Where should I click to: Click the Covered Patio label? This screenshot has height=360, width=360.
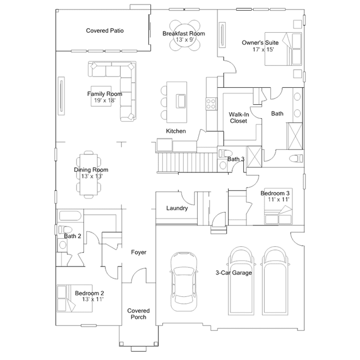[x=105, y=30]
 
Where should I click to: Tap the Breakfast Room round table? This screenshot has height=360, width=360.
[x=185, y=35]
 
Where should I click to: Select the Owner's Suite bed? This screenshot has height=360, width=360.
[x=283, y=49]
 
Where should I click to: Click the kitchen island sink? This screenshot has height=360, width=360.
[x=181, y=101]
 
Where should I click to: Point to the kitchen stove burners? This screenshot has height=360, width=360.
[x=211, y=104]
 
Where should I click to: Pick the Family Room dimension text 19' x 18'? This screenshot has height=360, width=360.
[x=105, y=100]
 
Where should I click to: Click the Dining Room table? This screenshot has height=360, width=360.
[x=88, y=175]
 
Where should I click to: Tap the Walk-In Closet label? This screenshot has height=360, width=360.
[x=238, y=118]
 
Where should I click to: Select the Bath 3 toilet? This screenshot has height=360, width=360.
[x=225, y=153]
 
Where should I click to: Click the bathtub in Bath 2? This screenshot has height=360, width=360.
[x=70, y=216]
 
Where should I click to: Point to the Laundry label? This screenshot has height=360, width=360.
[x=177, y=208]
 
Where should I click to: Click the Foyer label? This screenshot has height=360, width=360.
[x=139, y=252]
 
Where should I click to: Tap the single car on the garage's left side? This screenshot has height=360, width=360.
[x=184, y=282]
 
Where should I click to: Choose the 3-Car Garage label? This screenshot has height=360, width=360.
[x=234, y=273]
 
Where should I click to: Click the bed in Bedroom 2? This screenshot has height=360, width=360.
[x=74, y=299]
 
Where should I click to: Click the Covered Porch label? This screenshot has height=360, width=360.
[x=139, y=314]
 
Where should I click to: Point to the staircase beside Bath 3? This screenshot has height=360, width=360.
[x=187, y=162]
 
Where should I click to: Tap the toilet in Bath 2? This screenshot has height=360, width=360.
[x=65, y=230]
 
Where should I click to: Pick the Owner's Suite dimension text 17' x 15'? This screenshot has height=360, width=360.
[x=263, y=50]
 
